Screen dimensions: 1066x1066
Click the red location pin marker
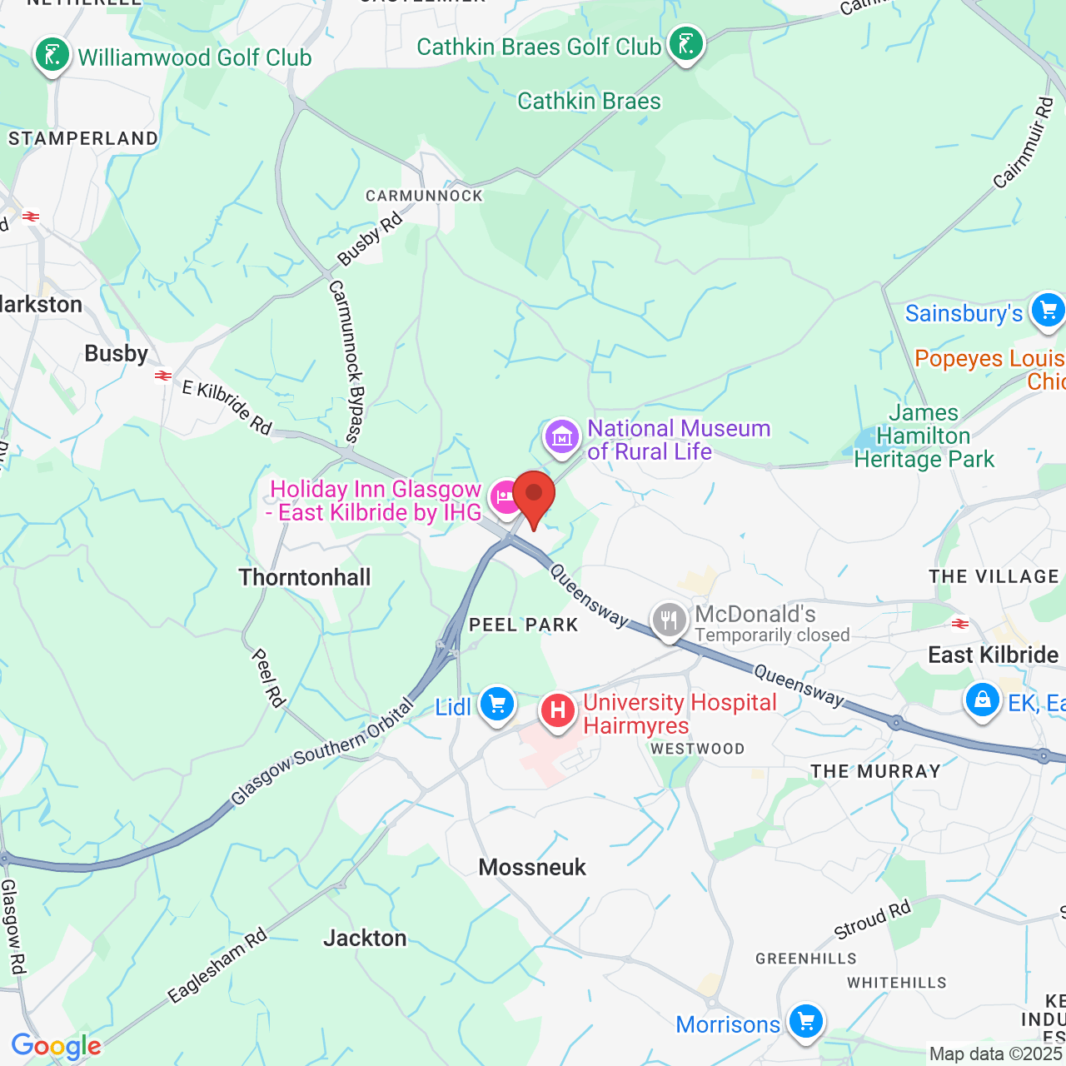[x=534, y=496]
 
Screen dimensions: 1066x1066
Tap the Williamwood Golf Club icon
[x=52, y=56]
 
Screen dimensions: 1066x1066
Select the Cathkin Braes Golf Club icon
[x=685, y=43]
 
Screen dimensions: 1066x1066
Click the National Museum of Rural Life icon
[x=562, y=435]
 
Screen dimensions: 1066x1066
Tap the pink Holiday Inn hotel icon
[x=506, y=497]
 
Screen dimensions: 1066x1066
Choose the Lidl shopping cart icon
[x=497, y=705]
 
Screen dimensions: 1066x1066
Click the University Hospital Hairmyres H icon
[x=558, y=710]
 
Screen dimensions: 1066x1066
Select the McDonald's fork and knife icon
[x=670, y=620]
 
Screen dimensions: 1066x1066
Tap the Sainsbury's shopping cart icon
[x=1048, y=311]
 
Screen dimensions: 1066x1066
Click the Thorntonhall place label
[x=305, y=577]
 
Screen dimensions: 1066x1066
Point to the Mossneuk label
[x=532, y=867]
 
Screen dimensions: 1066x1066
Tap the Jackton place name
[x=365, y=939]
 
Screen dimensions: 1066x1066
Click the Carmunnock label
[x=424, y=196]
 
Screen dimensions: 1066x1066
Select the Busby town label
[x=117, y=353]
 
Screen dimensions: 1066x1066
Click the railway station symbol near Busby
[x=163, y=376]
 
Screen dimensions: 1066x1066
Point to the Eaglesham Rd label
[x=217, y=965]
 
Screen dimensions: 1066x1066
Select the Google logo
[x=56, y=1046]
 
